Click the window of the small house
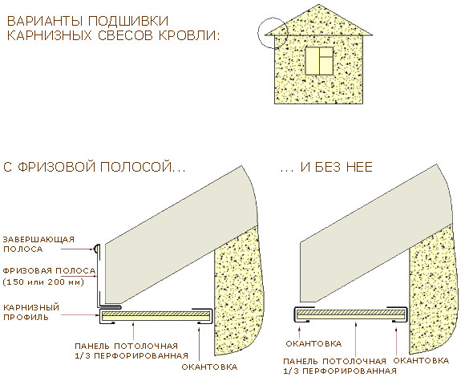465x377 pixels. [x=319, y=60]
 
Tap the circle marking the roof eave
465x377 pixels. [x=257, y=33]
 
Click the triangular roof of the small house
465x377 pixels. [x=319, y=21]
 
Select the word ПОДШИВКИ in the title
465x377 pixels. [x=128, y=21]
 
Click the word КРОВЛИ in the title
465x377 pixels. [x=189, y=35]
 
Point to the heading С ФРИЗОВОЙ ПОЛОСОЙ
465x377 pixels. [x=95, y=167]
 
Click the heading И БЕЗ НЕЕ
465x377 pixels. [x=326, y=168]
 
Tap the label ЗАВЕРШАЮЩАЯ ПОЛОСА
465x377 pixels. [x=38, y=244]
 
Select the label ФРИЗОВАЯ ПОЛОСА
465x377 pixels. [x=49, y=270]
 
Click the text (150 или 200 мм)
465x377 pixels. [x=43, y=282]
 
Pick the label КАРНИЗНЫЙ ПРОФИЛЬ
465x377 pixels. [x=31, y=312]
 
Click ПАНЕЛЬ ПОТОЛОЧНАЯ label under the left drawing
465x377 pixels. [x=131, y=351]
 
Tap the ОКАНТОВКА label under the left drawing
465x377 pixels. [x=209, y=367]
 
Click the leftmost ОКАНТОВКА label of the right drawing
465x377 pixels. [x=313, y=344]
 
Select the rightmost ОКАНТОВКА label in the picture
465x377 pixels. [x=421, y=361]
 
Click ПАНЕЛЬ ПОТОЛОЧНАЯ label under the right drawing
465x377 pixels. [x=340, y=366]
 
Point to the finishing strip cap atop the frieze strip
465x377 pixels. [x=96, y=249]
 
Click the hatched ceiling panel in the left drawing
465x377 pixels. [x=155, y=315]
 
